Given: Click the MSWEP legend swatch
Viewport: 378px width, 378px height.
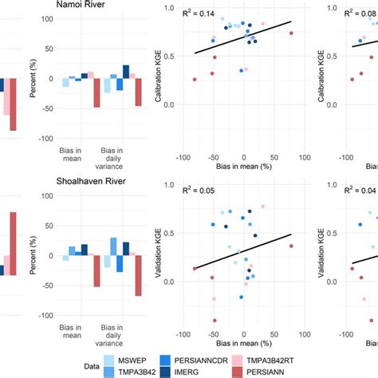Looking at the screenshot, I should point(114,360).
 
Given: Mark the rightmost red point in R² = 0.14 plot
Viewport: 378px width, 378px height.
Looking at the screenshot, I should point(291,33).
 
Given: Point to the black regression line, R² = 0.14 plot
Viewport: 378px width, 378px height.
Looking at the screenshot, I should point(239,40).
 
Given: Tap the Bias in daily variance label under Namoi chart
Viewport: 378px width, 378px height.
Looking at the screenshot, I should point(118,152).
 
